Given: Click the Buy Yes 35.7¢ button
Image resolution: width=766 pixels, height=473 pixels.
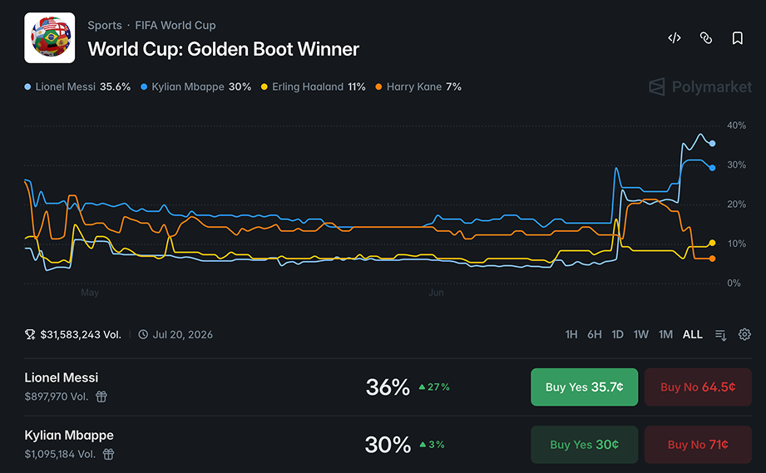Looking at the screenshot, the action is coord(584,387).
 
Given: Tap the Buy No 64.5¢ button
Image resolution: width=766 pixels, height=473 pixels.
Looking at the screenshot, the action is coord(698,387).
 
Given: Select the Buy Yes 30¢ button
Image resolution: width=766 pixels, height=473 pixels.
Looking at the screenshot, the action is coord(584,445).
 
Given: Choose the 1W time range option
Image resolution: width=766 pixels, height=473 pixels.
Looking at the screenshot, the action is coord(641,334).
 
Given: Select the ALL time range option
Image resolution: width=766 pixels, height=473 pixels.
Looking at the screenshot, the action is coord(692,334).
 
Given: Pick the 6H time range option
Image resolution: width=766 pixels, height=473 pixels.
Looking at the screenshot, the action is coord(594,334).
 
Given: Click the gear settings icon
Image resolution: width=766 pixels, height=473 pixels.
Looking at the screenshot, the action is coord(744,334).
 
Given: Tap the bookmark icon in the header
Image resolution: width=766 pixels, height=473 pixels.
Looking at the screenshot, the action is coord(737,38).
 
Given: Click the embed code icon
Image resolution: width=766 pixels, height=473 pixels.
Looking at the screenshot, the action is coord(675,38).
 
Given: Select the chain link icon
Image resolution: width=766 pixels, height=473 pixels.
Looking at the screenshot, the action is coord(706,38).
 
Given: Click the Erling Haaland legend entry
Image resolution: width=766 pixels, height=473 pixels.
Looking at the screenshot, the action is coord(314,87).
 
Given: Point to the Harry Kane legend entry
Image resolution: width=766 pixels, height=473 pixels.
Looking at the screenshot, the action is coord(418,87).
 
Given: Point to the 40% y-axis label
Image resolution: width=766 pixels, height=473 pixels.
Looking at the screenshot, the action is coord(736,126).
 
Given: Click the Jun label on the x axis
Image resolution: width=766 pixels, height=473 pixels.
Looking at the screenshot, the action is coord(436,293).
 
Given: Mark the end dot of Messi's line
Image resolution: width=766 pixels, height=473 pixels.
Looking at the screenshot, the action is coord(712,144).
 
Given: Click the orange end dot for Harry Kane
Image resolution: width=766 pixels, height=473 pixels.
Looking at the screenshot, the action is coord(712,259).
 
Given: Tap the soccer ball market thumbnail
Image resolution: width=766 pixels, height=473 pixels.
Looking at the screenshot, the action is coord(50,38).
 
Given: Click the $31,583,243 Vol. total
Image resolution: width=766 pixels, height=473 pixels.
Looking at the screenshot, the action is coord(81,334).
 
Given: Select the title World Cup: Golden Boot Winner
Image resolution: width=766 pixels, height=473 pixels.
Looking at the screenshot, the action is coord(223,49).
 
